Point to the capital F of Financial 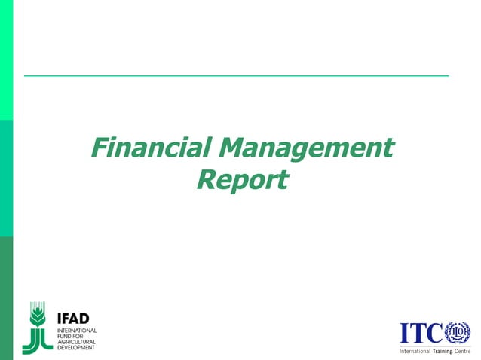coord(99,147)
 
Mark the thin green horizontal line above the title coord(236,76)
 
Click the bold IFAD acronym coord(74,318)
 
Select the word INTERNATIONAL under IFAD coord(77,330)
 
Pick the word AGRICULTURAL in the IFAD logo coord(77,342)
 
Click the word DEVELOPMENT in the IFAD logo coord(77,348)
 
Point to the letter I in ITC coord(405,332)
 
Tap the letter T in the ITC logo coord(418,332)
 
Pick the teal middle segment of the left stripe coord(6,177)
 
